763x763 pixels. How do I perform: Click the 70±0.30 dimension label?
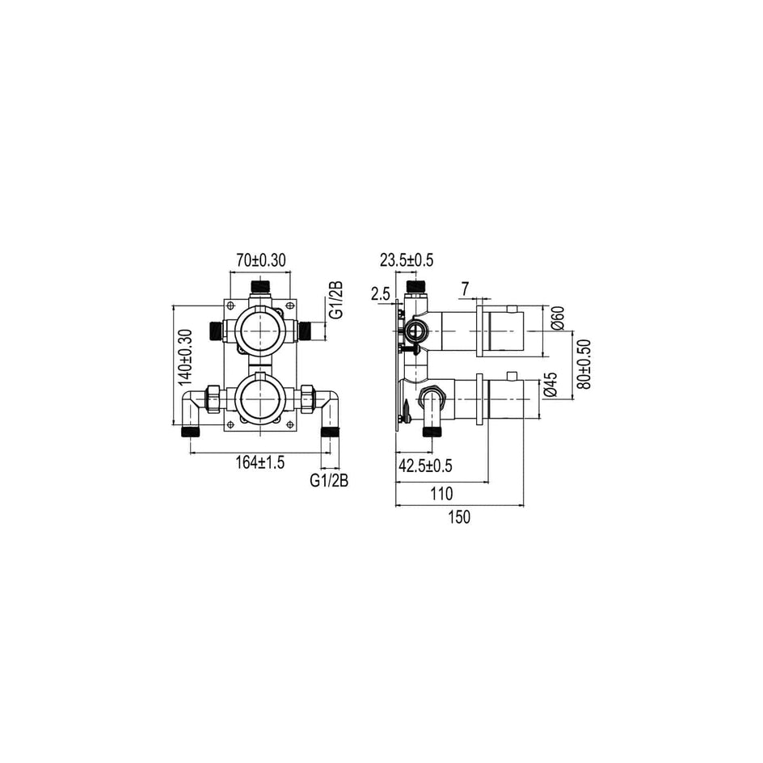pos(261,260)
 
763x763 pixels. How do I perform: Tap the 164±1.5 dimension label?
pos(259,462)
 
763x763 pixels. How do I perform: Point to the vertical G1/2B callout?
pos(335,299)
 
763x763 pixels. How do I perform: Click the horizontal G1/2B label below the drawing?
pos(330,481)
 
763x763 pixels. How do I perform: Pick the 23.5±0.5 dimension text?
pos(407,260)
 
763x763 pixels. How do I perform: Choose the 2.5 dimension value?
pos(381,293)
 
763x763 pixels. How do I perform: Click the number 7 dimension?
pos(466,289)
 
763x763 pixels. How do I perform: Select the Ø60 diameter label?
pos(559,318)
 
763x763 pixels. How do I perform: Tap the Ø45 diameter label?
pos(551,385)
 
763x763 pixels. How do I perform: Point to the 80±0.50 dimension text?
pos(584,364)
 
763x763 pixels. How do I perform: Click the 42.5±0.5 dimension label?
pos(425,466)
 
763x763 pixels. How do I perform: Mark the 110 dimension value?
pos(441,494)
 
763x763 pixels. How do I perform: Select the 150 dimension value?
pos(459,516)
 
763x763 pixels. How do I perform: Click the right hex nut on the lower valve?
pos(307,398)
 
